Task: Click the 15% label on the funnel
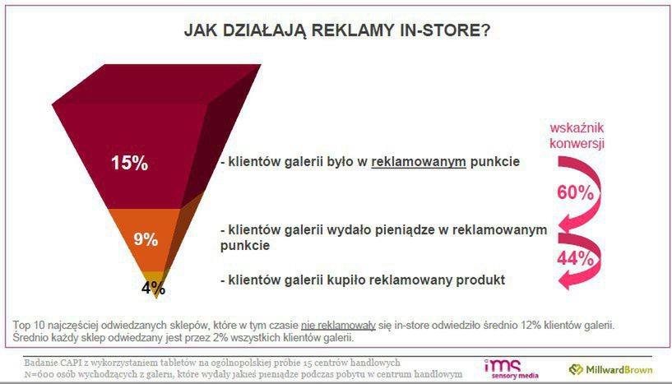click(x=129, y=163)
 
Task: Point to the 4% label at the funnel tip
click(x=153, y=288)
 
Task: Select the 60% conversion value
click(x=576, y=193)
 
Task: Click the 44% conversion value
click(x=576, y=258)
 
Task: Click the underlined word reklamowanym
click(x=419, y=163)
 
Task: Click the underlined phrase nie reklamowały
click(x=338, y=325)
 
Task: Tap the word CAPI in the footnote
click(x=75, y=362)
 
